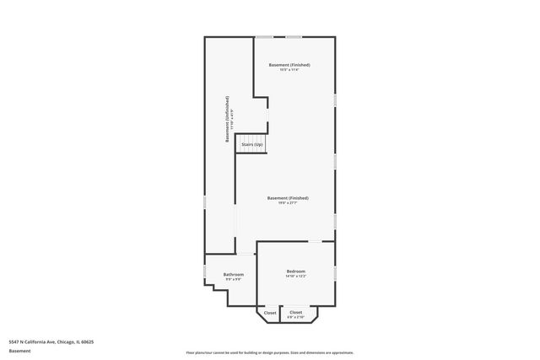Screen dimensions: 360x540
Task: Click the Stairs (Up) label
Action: tap(251, 145)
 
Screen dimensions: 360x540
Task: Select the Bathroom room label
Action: tap(233, 274)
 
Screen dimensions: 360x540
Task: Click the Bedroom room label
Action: tap(295, 271)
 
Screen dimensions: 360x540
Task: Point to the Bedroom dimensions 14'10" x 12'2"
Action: tap(295, 276)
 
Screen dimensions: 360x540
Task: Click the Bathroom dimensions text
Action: tap(233, 279)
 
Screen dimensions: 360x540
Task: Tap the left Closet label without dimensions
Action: tap(270, 313)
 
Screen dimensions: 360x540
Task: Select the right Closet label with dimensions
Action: tap(296, 312)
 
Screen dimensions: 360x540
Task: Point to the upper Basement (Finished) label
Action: tap(289, 65)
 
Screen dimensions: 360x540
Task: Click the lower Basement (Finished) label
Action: tap(288, 198)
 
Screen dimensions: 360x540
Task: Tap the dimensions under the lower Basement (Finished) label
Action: tap(288, 203)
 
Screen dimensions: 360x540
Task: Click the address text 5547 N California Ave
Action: tap(51, 341)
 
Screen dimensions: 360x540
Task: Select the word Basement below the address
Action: tap(19, 350)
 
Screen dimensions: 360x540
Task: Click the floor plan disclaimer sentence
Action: tap(270, 352)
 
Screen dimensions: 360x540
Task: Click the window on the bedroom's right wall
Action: tap(335, 273)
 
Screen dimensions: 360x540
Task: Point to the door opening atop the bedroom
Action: tap(314, 241)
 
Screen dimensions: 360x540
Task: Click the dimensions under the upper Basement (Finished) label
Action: tap(289, 70)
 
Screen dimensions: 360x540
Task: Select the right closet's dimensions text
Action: tap(296, 317)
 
